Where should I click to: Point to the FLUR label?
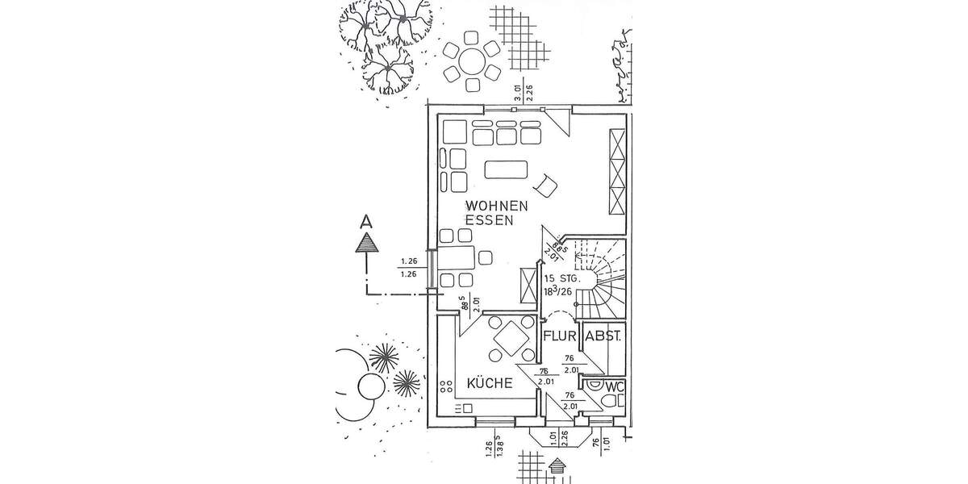pyautogui.click(x=558, y=336)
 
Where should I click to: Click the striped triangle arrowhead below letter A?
pyautogui.click(x=366, y=241)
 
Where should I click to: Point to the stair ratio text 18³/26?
pyautogui.click(x=564, y=292)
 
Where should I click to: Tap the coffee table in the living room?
pyautogui.click(x=506, y=170)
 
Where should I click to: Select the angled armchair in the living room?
pyautogui.click(x=548, y=186)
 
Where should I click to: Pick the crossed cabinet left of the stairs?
pyautogui.click(x=529, y=282)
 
